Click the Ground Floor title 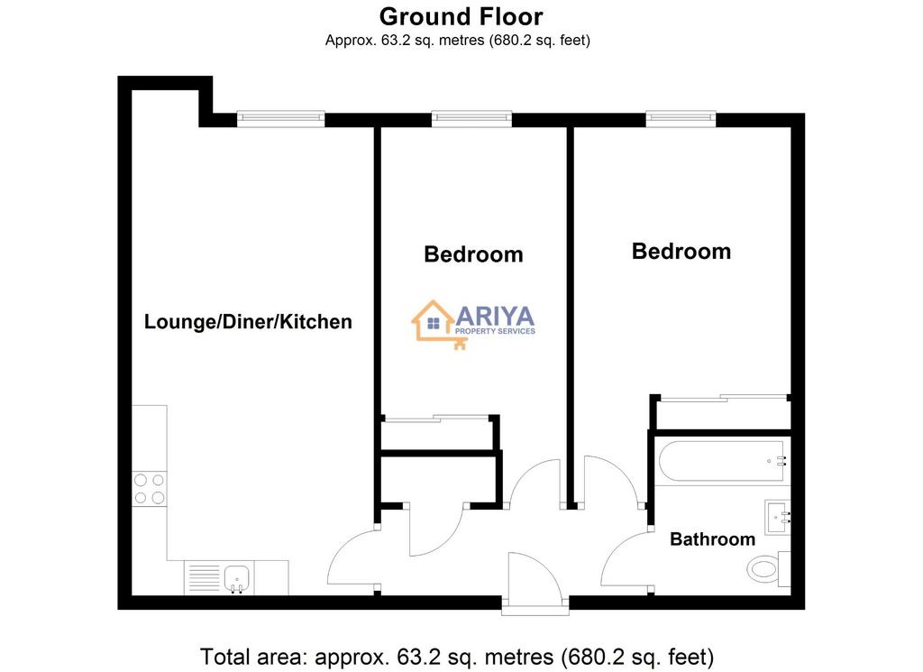tap(461, 17)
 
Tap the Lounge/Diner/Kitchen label tap(248, 322)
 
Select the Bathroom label tap(712, 539)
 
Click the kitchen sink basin tap(238, 578)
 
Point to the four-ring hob tap(150, 490)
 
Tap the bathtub tap(722, 461)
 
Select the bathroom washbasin tap(778, 518)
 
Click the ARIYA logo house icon tap(434, 322)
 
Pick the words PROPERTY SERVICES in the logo tap(495, 332)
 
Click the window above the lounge tap(281, 118)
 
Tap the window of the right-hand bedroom tap(681, 118)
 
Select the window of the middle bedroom tap(471, 118)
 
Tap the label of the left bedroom tap(473, 254)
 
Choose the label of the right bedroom tap(681, 252)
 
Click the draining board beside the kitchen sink tap(202, 578)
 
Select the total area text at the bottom tap(457, 656)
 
